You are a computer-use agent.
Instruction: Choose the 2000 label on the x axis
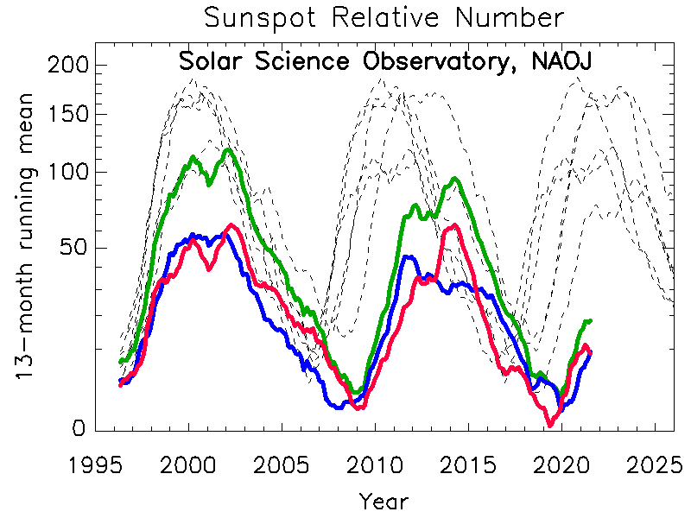[189, 464]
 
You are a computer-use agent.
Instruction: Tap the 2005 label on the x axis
[282, 464]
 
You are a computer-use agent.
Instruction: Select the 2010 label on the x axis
[374, 464]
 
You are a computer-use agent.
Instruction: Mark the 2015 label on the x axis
[466, 464]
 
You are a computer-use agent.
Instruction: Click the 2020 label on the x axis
[559, 464]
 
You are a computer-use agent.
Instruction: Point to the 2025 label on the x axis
[651, 464]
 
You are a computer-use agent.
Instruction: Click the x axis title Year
[384, 501]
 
